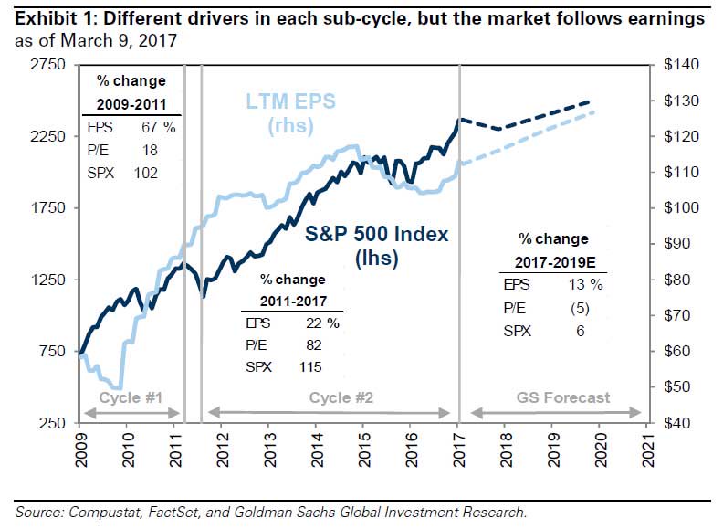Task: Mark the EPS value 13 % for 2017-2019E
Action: pyautogui.click(x=583, y=283)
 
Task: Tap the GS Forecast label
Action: pyautogui.click(x=563, y=397)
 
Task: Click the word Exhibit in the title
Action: pyautogui.click(x=35, y=18)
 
